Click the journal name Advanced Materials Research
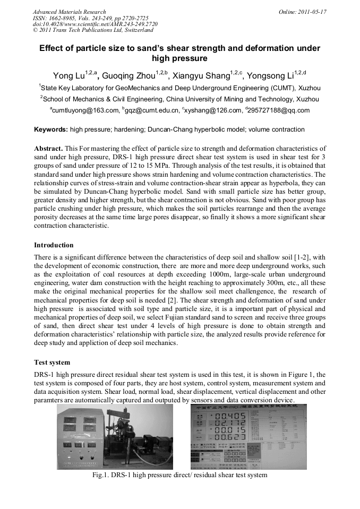[x=69, y=12]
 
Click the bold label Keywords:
[x=51, y=130]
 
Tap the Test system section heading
[x=52, y=363]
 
